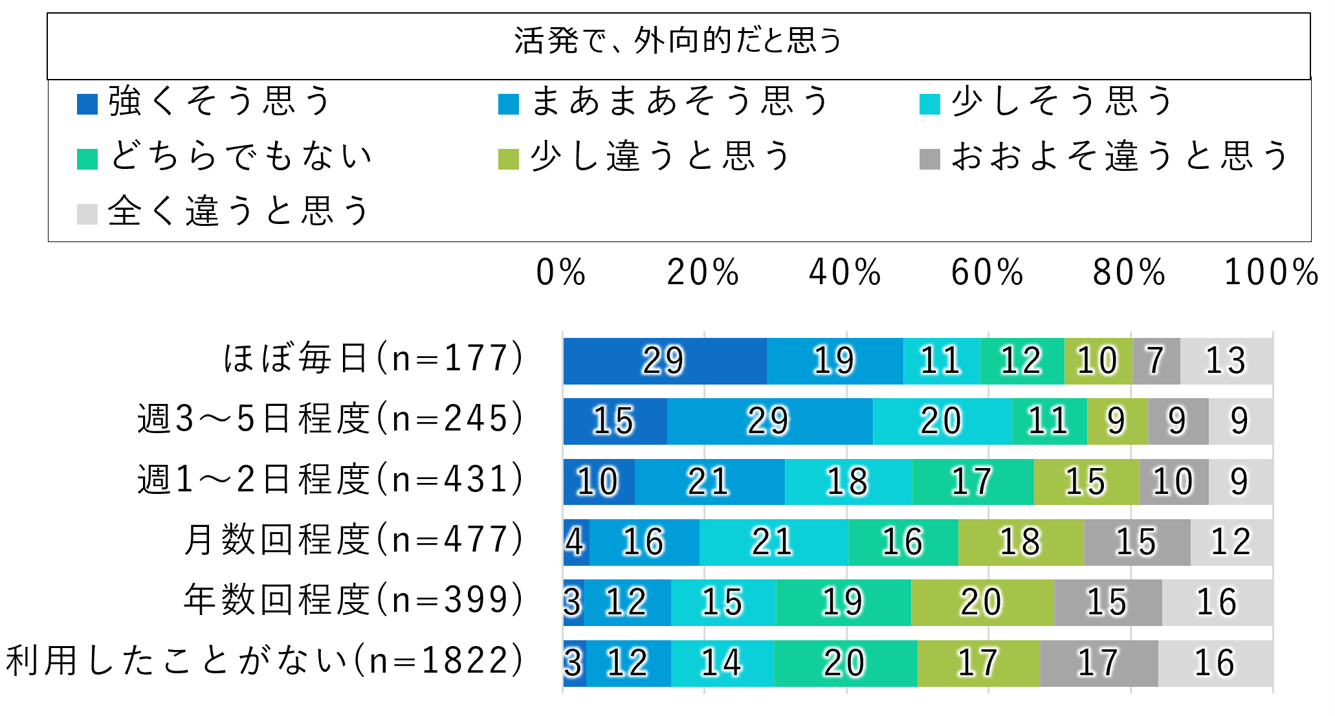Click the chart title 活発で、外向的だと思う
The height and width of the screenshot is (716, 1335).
pos(678,41)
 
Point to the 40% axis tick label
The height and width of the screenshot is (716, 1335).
pos(844,273)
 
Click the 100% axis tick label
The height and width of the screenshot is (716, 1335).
pos(1271,273)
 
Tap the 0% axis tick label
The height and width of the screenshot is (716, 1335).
pos(560,273)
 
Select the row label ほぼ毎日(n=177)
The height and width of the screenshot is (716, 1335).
pos(373,358)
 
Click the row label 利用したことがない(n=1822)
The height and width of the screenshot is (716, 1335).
pos(264,661)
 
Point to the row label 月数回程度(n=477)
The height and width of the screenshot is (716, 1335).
pos(353,540)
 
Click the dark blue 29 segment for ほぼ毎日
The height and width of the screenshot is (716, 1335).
pos(665,361)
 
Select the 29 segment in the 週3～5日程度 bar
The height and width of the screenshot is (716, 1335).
pos(769,421)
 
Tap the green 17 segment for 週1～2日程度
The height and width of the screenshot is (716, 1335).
pos(972,482)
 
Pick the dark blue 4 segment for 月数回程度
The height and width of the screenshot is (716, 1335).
pos(575,542)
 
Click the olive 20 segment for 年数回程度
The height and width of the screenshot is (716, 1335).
pos(982,602)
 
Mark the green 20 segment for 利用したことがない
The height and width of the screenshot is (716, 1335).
pos(844,663)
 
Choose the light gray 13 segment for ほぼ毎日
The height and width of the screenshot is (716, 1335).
pos(1226,361)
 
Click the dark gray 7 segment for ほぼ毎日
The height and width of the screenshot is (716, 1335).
pos(1156,361)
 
